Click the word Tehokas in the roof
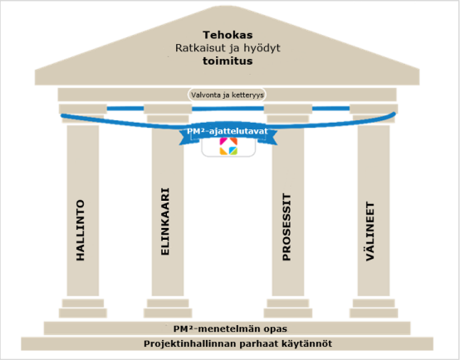228,35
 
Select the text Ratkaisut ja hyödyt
228,48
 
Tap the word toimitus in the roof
228,61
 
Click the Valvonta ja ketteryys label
228,95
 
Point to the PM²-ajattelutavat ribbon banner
228,134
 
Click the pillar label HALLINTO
81,230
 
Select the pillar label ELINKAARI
165,221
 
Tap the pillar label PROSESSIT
286,227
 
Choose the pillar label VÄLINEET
370,231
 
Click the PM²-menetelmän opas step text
230,328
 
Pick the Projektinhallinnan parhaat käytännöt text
238,343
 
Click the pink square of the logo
224,141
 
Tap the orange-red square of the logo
233,141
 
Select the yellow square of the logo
224,151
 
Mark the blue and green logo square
233,151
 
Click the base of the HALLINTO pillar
83,308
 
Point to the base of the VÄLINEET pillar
374,308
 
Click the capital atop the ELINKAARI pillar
168,113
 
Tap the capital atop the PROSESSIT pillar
288,113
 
